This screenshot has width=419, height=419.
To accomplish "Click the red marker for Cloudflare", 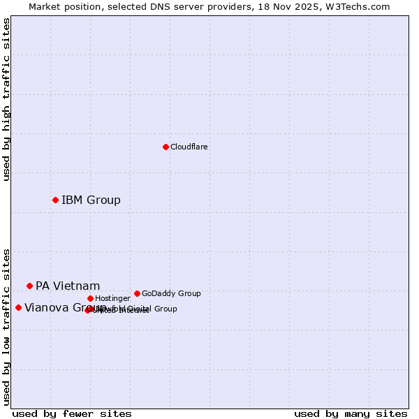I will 166,147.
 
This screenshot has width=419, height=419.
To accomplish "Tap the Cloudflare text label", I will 189,147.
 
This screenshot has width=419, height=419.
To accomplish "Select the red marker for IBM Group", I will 55,200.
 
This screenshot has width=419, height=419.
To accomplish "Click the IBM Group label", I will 91,200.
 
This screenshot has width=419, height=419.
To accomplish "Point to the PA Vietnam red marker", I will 29,286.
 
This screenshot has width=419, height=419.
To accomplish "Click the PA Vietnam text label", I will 68,286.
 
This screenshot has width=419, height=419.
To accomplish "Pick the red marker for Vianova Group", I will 18,307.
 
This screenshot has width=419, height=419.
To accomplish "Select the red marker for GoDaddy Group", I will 137,293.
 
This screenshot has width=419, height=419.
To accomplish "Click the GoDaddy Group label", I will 171,293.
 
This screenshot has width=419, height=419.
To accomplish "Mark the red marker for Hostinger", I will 90,298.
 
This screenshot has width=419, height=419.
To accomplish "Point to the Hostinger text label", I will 112,298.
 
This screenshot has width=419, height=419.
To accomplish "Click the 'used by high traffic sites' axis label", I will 6,99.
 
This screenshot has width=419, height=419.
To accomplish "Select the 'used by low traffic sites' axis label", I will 6,327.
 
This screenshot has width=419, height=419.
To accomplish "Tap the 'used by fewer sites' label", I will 72,414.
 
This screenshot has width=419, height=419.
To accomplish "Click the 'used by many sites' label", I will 351,414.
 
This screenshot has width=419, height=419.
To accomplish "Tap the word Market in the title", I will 45,7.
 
